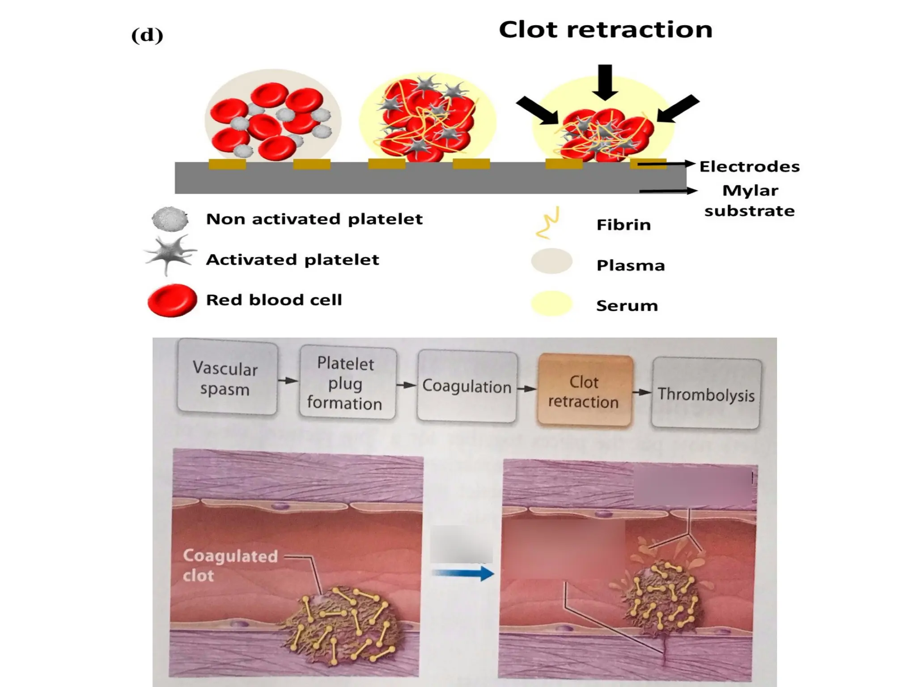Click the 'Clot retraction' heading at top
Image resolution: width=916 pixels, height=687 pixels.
coord(605,30)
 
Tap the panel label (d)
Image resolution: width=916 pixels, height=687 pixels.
coord(147,35)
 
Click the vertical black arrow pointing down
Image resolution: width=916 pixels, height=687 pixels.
coord(605,82)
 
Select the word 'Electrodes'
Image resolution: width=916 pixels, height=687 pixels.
coord(749,166)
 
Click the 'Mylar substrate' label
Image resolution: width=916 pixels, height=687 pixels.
coord(750,200)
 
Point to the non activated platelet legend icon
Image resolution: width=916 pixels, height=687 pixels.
coord(170,219)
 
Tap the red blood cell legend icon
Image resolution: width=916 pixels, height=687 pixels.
coord(172,300)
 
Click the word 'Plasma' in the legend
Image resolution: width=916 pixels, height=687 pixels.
coord(630,265)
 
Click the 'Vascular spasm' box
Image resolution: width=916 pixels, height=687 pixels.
coord(227,378)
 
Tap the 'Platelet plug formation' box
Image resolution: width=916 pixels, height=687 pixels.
coord(347,383)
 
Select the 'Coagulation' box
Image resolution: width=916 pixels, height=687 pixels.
coord(466,386)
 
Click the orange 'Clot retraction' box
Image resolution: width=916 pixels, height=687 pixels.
coord(584,391)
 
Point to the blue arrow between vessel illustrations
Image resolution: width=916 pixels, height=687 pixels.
coord(463,573)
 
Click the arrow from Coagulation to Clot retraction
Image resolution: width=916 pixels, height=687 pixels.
coord(527,389)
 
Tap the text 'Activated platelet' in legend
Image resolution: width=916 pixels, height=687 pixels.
coord(292,260)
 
